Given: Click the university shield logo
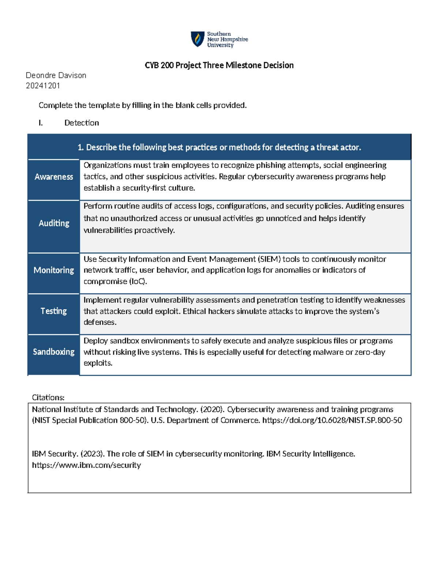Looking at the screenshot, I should point(198,39).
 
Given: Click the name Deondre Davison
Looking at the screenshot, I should point(56,75).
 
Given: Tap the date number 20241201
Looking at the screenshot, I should point(43,86).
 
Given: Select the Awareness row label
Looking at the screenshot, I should point(54,177).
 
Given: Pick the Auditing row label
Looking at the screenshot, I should point(54,223).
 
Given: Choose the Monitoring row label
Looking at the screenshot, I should point(54,270).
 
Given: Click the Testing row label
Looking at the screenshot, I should point(54,311).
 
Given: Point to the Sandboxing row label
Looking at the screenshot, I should point(54,351).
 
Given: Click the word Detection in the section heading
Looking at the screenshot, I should point(82,123).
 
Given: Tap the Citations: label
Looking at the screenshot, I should point(48,398).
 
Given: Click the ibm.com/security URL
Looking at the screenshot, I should point(86,465).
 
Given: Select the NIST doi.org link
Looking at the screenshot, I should point(332,420).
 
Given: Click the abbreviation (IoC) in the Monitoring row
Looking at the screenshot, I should point(138,281).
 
